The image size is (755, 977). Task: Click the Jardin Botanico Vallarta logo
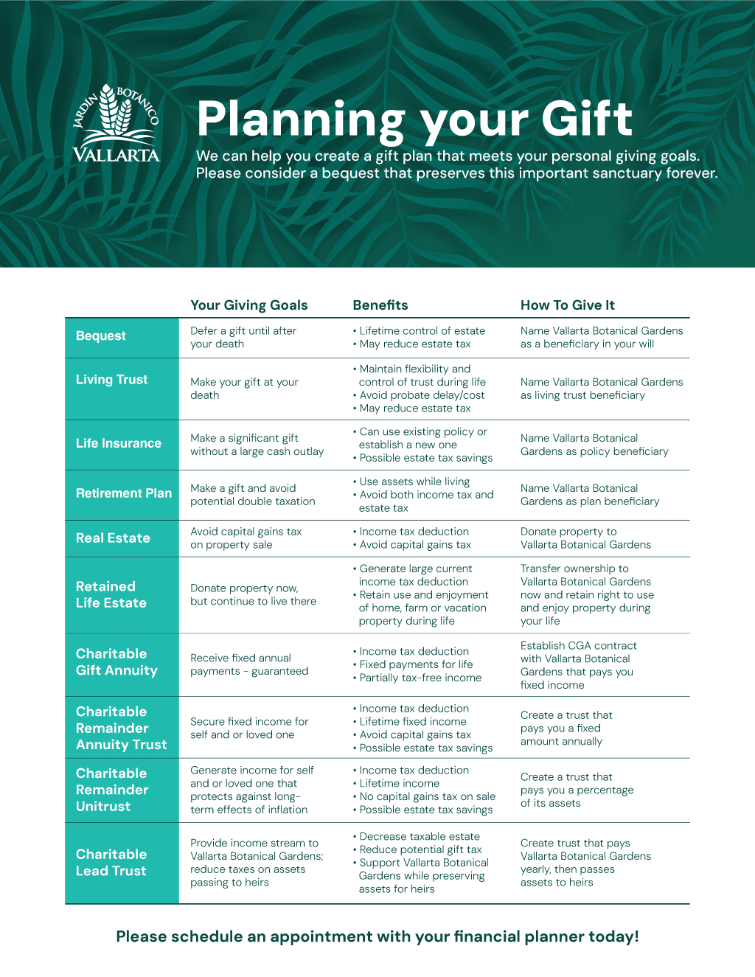coord(116,123)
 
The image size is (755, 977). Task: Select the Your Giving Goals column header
coord(249,305)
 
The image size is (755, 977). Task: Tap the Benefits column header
coord(380,305)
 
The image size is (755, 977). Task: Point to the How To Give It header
coord(568,305)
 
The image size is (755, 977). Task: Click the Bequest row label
coord(101,336)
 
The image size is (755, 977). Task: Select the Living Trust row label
coord(112,380)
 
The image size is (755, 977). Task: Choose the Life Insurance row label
coord(119,443)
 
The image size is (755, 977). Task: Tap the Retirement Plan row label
coord(124,493)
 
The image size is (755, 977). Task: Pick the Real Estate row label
coord(113,538)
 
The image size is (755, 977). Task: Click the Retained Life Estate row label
coord(111,594)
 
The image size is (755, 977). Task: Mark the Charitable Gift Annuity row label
coord(116,662)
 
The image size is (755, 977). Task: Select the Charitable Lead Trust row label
coord(111,863)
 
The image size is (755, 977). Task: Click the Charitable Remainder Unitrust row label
coord(112,790)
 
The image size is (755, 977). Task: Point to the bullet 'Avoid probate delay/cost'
coord(422,395)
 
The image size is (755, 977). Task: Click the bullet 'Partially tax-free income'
coord(420,678)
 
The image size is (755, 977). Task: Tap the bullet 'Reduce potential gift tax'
coord(420,849)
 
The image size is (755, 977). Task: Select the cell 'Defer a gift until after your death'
coord(243,338)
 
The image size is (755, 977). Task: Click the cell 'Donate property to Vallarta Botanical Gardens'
coord(585,538)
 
